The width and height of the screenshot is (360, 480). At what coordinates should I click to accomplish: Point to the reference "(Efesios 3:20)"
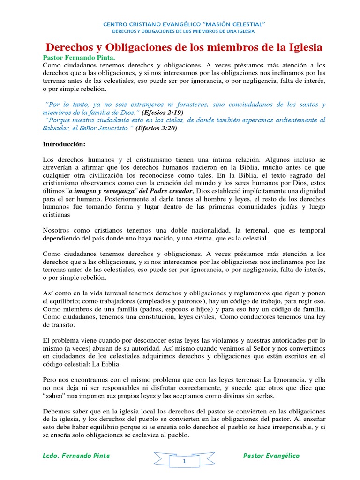[x=156, y=128]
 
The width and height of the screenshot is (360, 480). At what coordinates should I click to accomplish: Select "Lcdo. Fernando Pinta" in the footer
[x=76, y=456]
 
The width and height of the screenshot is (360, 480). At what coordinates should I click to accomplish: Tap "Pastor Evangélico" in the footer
[x=271, y=456]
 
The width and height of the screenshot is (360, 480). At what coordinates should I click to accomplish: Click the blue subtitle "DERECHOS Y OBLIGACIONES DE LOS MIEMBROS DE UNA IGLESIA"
[x=184, y=32]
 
